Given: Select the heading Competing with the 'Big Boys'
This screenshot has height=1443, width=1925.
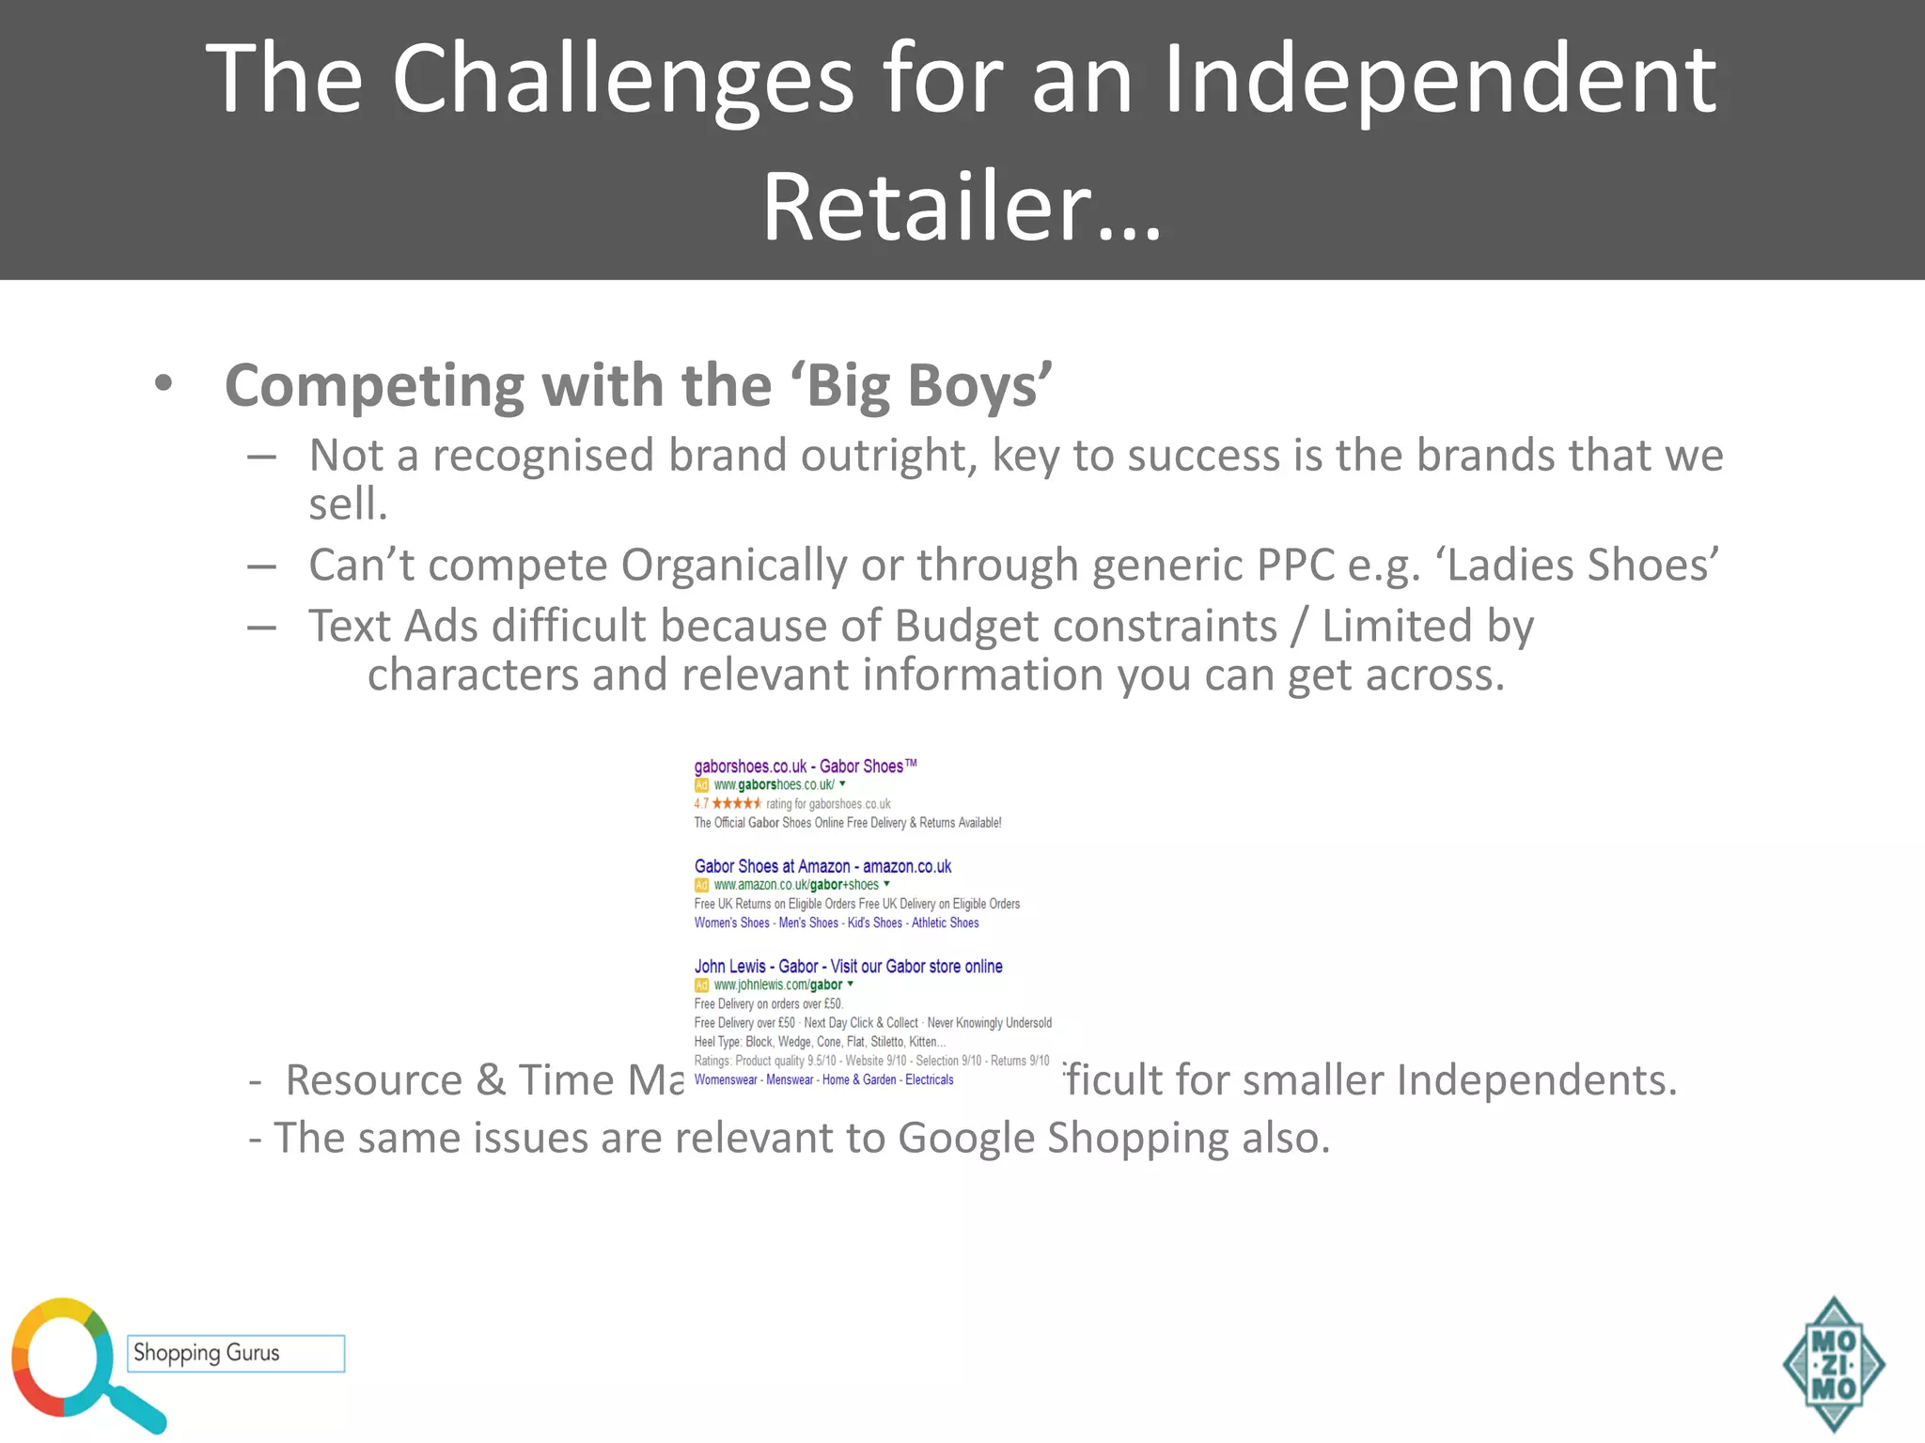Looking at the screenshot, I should pyautogui.click(x=638, y=385).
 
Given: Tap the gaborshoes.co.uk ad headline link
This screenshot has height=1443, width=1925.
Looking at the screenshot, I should pyautogui.click(x=805, y=767).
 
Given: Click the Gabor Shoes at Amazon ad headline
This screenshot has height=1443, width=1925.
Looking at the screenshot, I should pyautogui.click(x=822, y=866).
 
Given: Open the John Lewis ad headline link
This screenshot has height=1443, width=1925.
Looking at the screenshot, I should pyautogui.click(x=848, y=967).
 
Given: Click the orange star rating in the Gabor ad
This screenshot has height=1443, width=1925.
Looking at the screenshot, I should pyautogui.click(x=737, y=804).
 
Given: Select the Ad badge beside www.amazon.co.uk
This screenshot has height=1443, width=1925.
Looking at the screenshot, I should pyautogui.click(x=701, y=885).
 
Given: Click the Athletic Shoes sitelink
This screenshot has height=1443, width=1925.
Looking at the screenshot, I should pyautogui.click(x=945, y=923).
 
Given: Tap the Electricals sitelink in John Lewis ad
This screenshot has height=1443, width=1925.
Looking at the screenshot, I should pyautogui.click(x=929, y=1080).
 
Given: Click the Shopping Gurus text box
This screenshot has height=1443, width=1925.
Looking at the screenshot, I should pyautogui.click(x=236, y=1354).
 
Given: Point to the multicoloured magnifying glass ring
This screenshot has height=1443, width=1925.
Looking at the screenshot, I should pyautogui.click(x=56, y=1358).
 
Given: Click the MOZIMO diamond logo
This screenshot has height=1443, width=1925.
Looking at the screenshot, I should pyautogui.click(x=1833, y=1365).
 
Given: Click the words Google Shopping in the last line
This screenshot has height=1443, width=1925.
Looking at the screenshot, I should pyautogui.click(x=1063, y=1139).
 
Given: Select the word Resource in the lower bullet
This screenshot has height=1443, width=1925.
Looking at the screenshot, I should pyautogui.click(x=373, y=1080).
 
